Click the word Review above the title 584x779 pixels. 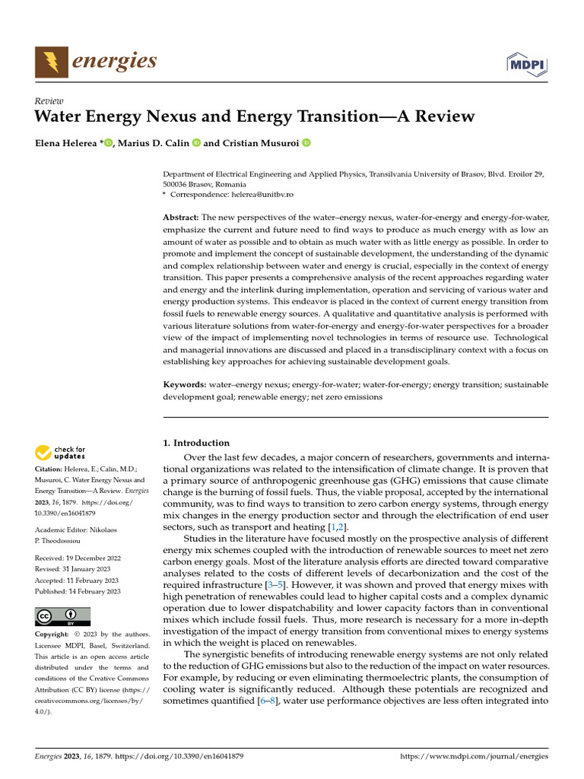[x=49, y=101]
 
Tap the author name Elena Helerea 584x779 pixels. [x=67, y=143]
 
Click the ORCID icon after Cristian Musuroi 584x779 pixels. [x=307, y=143]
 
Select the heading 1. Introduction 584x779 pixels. [x=197, y=443]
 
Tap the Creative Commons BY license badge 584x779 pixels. [x=62, y=616]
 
